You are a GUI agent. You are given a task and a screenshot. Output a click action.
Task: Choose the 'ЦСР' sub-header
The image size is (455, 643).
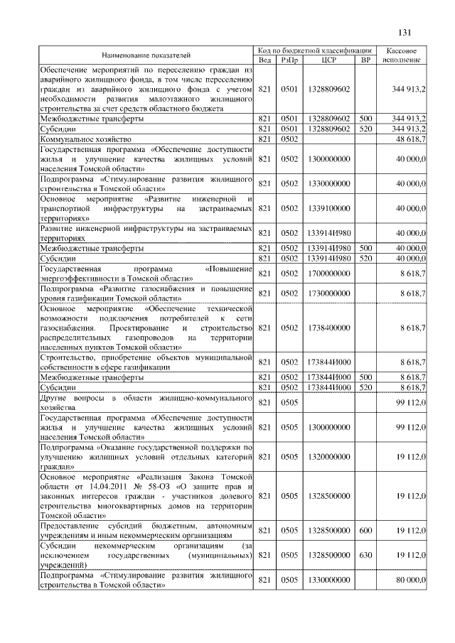click(329, 60)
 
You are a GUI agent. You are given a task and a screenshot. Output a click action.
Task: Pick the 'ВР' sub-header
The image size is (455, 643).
click(365, 60)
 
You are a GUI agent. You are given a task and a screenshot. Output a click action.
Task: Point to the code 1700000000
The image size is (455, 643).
click(329, 273)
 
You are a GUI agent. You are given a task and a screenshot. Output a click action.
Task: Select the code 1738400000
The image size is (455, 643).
click(329, 328)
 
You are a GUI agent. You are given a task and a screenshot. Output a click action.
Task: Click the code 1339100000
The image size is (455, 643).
click(329, 209)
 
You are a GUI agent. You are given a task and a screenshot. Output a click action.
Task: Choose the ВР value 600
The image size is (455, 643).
click(365, 530)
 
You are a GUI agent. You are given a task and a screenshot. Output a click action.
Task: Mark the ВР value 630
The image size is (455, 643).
click(365, 554)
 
